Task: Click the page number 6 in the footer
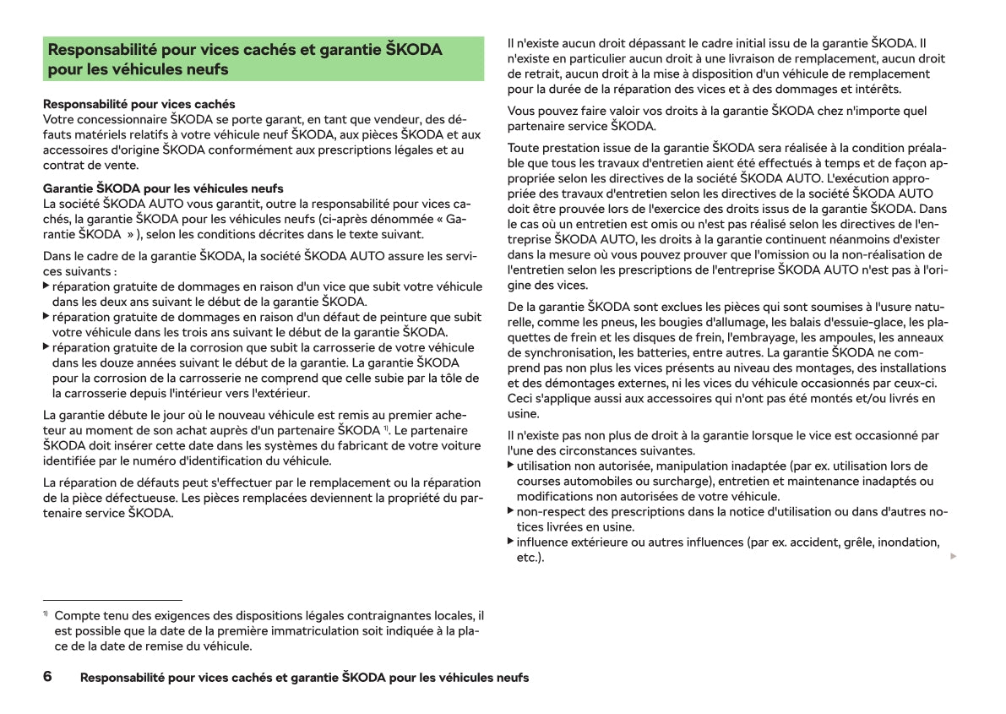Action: [x=47, y=677]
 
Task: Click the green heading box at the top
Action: [x=264, y=58]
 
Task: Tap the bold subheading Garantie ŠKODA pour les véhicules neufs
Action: [x=163, y=188]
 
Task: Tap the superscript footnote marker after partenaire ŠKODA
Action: [x=386, y=429]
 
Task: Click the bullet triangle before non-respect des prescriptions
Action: [x=510, y=510]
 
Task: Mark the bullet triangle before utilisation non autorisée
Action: [x=510, y=465]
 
